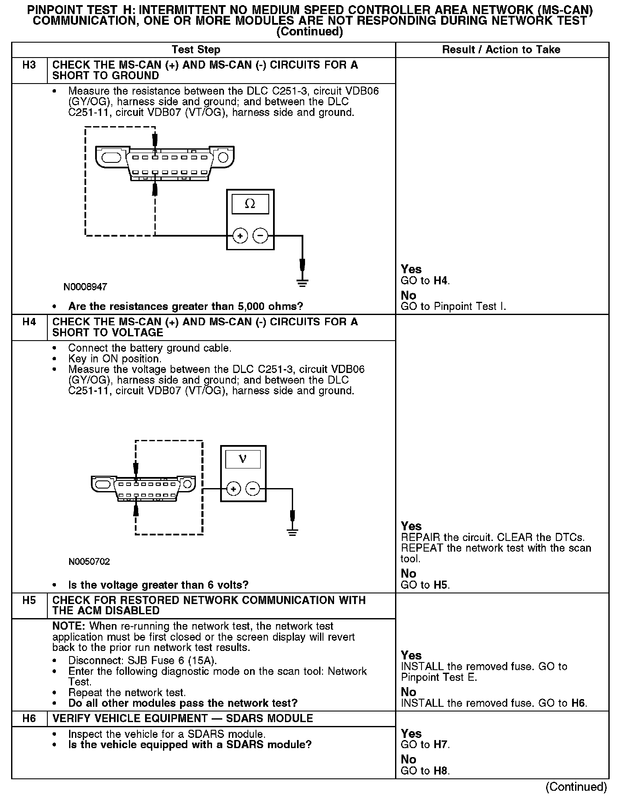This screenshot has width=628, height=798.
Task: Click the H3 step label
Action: coord(29,65)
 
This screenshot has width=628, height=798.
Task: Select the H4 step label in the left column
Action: coord(29,322)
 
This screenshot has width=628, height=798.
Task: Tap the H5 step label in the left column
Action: coord(29,600)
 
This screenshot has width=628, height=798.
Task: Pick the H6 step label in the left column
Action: coord(29,718)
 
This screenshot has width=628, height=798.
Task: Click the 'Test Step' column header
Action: coord(196,50)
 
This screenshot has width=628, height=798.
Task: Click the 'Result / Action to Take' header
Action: coord(501,50)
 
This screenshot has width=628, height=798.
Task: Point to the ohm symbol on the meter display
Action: coord(250,204)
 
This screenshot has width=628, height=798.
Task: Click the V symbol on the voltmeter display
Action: coord(243,459)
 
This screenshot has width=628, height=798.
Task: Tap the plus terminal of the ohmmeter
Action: coord(240,235)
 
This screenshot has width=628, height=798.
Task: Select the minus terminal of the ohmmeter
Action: coord(260,235)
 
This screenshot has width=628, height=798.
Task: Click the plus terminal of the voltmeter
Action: coord(233,489)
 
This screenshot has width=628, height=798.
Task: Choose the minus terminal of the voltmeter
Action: coord(253,489)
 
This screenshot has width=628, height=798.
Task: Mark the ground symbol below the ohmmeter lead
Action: coord(302,283)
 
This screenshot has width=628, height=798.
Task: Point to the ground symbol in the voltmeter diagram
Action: coord(292,532)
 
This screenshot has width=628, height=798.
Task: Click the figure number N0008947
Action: coord(85,287)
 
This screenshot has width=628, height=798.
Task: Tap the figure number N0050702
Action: coord(89,562)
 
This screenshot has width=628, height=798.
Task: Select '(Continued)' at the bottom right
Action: coord(576,787)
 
